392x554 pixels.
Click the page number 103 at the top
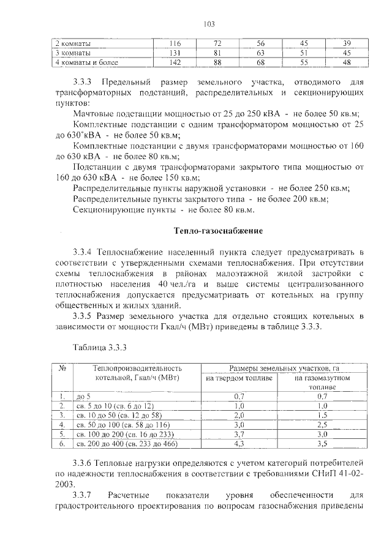[209, 24]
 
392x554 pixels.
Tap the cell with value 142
[175, 62]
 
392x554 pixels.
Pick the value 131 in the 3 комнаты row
[175, 53]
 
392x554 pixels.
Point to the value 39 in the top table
[347, 44]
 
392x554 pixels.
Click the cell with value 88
[217, 62]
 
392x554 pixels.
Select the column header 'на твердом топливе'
[239, 378]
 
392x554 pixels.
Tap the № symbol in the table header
[61, 369]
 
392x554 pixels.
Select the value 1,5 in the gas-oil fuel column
[314, 414]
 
